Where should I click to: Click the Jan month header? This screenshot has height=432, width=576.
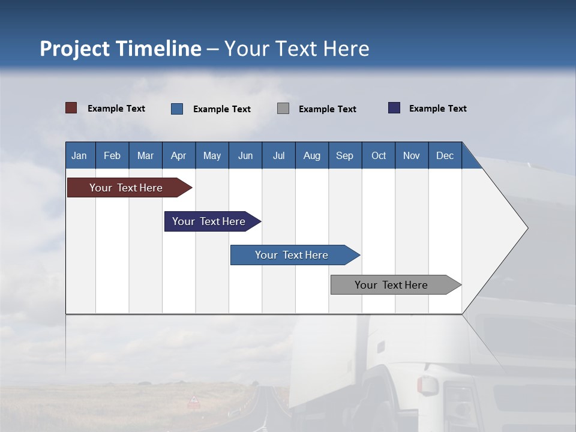pyautogui.click(x=80, y=155)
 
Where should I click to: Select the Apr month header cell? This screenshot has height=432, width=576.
pyautogui.click(x=179, y=155)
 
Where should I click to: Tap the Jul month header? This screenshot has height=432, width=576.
pyautogui.click(x=278, y=155)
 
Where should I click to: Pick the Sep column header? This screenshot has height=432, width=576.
pyautogui.click(x=344, y=155)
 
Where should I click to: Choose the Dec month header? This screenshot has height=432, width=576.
pyautogui.click(x=445, y=155)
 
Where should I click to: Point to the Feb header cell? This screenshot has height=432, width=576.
pyautogui.click(x=112, y=155)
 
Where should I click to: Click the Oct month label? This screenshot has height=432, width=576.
pyautogui.click(x=379, y=155)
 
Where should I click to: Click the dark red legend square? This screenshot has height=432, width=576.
pyautogui.click(x=71, y=108)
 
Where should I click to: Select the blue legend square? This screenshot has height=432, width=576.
pyautogui.click(x=177, y=109)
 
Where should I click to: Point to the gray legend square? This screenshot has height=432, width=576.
pyautogui.click(x=283, y=109)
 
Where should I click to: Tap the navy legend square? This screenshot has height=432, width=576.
pyautogui.click(x=394, y=108)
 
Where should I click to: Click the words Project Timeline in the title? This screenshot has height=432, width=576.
pyautogui.click(x=120, y=49)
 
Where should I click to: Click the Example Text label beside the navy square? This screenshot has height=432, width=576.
pyautogui.click(x=437, y=109)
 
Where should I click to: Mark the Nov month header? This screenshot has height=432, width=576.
pyautogui.click(x=412, y=155)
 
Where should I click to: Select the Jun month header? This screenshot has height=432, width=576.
pyautogui.click(x=245, y=155)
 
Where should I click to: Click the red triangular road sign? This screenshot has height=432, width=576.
pyautogui.click(x=194, y=400)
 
